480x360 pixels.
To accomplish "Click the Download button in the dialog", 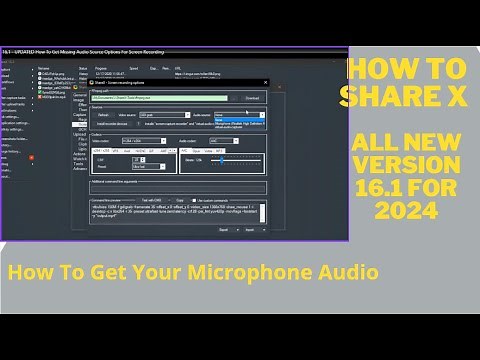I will click(x=253, y=98).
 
